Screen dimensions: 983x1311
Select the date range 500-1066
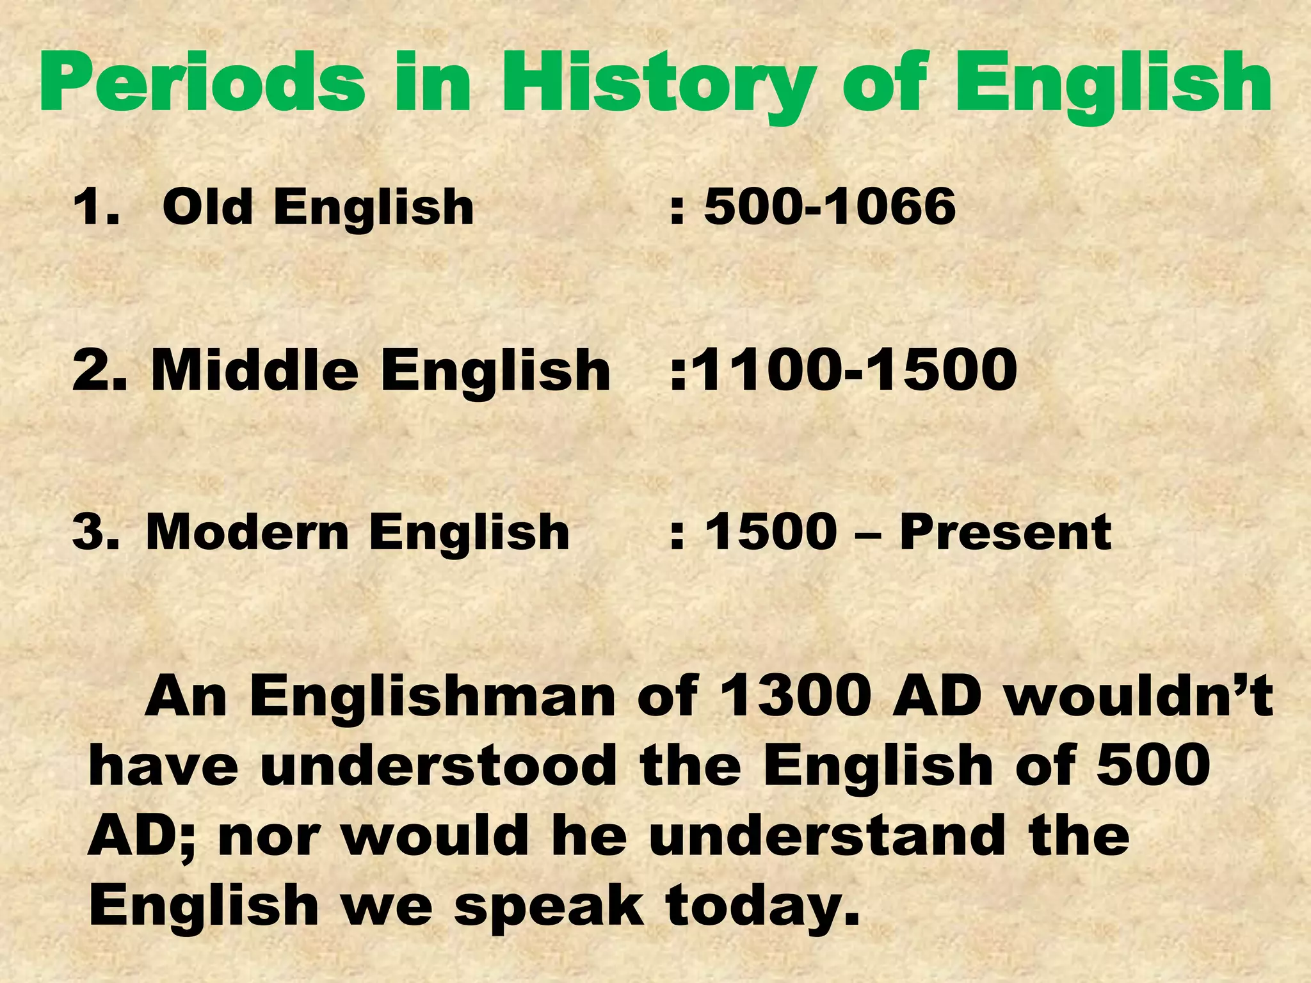(x=830, y=207)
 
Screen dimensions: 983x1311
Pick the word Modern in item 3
(x=246, y=532)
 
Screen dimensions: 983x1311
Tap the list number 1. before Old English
(x=96, y=207)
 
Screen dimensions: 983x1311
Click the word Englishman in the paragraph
(x=432, y=696)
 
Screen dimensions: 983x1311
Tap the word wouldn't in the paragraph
(x=1138, y=696)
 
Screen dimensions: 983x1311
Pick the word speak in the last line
(x=549, y=906)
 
